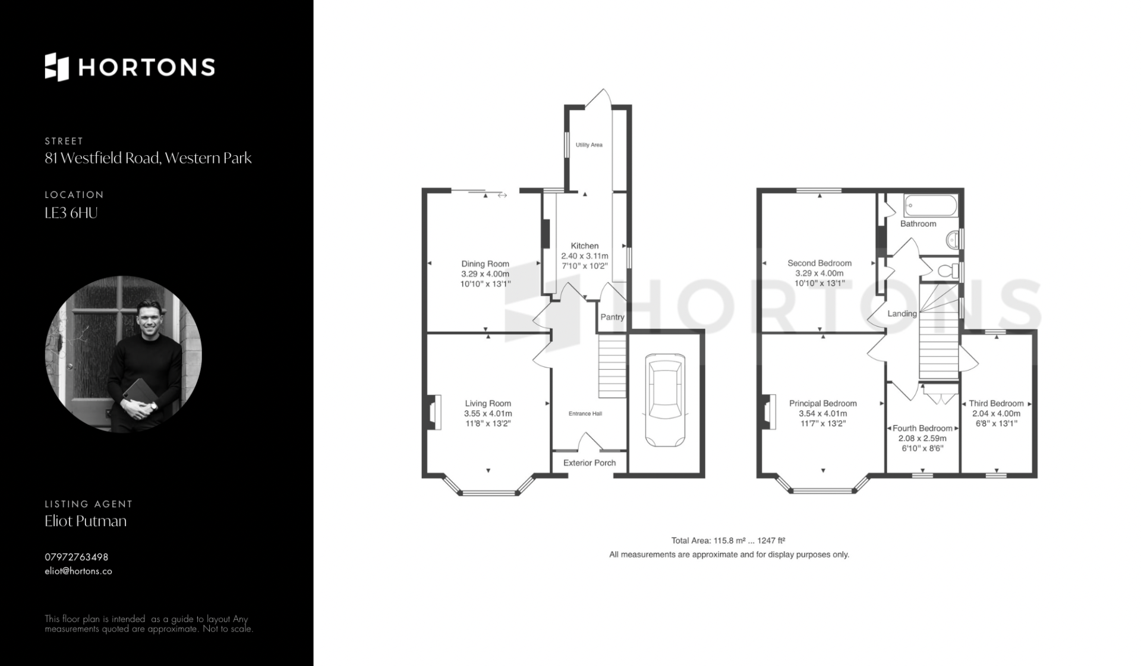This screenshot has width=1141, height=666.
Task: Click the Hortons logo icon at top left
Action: coord(57,67)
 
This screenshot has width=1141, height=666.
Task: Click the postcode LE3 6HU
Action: coord(71,213)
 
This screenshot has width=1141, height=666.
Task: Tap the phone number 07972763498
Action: coord(77,557)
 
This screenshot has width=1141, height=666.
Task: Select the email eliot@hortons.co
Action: coord(78,571)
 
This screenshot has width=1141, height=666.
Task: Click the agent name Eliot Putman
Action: coord(86,521)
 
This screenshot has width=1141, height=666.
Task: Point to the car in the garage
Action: coord(665,400)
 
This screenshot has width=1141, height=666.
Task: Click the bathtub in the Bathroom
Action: coord(931,206)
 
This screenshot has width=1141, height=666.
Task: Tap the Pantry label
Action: coord(612,317)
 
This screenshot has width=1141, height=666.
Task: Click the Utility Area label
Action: coord(589,144)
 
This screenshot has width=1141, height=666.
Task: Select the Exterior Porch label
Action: coord(590,463)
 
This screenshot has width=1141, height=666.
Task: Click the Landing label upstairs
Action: coord(902,313)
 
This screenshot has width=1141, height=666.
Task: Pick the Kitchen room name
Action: coord(585,246)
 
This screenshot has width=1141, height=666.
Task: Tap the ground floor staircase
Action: coord(612,366)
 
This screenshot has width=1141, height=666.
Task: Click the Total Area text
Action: coord(729,541)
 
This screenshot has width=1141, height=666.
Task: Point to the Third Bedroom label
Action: coord(997,403)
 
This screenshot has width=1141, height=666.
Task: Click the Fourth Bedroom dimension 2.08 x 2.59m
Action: coord(922,438)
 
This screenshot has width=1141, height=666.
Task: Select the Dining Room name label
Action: coord(486,263)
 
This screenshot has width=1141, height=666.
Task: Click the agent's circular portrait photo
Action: coord(124,354)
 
